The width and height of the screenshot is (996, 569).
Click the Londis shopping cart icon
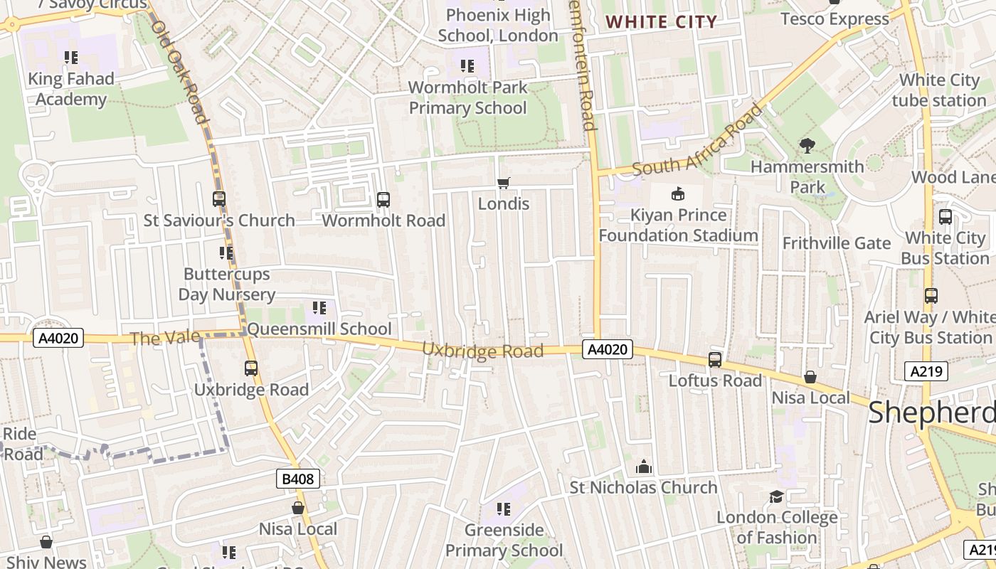(x=504, y=183)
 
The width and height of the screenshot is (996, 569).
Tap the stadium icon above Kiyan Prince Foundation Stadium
(x=678, y=193)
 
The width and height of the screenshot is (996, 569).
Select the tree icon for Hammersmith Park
(x=807, y=146)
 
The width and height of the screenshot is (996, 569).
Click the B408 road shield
(x=297, y=479)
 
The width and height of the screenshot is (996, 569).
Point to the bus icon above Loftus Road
(x=715, y=360)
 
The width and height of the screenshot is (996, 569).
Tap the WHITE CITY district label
(x=661, y=22)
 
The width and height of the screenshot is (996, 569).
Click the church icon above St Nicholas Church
(x=644, y=467)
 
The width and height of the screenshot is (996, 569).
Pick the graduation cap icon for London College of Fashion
(x=776, y=496)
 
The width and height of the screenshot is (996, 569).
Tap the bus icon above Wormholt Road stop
(x=383, y=200)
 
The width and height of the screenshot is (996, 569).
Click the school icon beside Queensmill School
(x=319, y=308)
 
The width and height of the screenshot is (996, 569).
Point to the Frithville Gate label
(x=837, y=243)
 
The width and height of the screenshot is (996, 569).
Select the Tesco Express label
(x=835, y=18)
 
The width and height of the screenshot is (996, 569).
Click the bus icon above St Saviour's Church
(x=219, y=199)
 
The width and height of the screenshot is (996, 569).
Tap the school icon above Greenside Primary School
(x=504, y=509)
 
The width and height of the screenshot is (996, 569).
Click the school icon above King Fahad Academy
(x=70, y=58)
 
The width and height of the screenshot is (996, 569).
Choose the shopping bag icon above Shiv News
(x=46, y=543)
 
